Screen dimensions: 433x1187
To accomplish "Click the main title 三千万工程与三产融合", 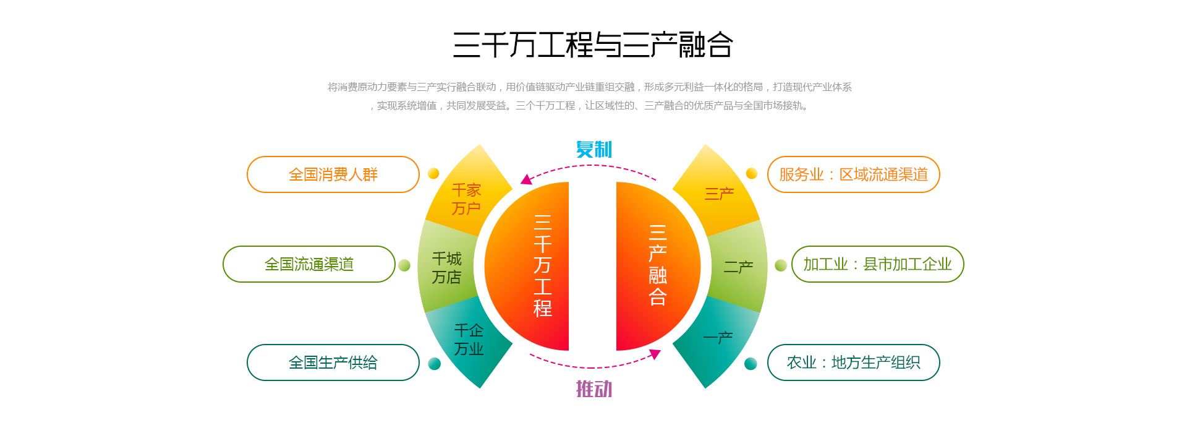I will (x=593, y=45).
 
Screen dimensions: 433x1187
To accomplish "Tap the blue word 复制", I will (x=593, y=149).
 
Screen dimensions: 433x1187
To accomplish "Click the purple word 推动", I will (x=593, y=389).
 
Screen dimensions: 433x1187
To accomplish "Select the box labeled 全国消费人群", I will (x=333, y=174).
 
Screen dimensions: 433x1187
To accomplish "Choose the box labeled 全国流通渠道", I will (x=309, y=264).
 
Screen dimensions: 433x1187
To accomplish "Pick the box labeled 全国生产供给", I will (x=333, y=362).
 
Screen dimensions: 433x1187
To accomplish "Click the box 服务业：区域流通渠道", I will (x=853, y=174).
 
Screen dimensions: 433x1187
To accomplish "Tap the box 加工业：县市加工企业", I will (x=877, y=264).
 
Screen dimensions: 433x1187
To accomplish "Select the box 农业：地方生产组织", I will (x=853, y=362).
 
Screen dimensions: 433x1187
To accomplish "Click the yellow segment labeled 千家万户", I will (x=467, y=198).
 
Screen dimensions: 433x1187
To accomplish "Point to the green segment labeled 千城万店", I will (x=446, y=267).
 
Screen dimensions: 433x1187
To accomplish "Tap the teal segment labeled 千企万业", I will (x=469, y=339).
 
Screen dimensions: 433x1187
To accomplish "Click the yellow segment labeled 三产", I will (x=719, y=194).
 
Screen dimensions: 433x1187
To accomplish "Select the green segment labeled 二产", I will (x=738, y=267).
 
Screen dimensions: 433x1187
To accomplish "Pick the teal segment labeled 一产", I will (x=718, y=338).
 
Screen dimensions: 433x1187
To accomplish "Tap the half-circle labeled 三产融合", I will (x=655, y=266).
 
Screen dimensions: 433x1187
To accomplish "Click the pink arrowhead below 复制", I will (x=526, y=179).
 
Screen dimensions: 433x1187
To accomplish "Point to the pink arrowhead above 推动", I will (x=655, y=354).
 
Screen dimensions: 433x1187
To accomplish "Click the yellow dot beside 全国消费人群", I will (x=433, y=173).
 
